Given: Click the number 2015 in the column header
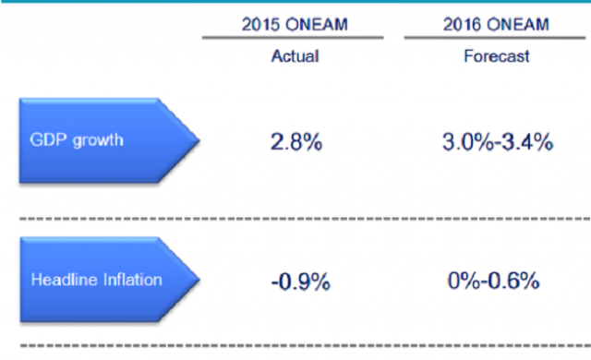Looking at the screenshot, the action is (x=260, y=25).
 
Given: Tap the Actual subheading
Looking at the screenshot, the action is (x=295, y=56).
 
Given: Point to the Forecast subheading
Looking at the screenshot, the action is (x=497, y=56).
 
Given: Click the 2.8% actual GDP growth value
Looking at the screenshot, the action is (x=296, y=142).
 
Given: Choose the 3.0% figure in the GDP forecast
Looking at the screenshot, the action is (x=467, y=142).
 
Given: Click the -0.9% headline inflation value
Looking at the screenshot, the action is (x=301, y=282).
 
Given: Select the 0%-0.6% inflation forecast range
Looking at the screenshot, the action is (x=493, y=281).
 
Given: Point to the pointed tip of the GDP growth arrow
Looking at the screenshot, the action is (x=199, y=140).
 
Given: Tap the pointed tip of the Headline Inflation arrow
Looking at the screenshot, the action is (x=199, y=280).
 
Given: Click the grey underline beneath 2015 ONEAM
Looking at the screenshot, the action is (x=293, y=38).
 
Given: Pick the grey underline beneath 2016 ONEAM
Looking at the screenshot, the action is (x=495, y=38).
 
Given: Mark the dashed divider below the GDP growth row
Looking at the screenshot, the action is (x=306, y=219).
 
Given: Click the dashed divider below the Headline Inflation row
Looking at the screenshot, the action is (x=306, y=345).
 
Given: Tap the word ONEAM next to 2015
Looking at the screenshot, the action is (x=317, y=25).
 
